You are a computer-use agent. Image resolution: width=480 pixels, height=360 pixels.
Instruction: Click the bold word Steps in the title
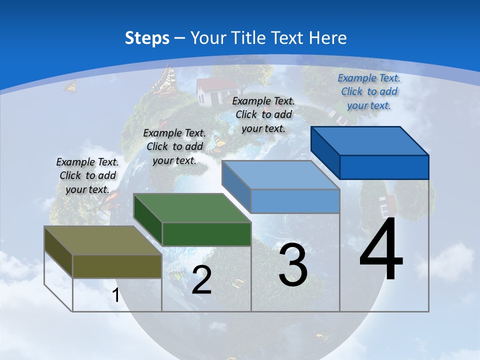[x=147, y=38]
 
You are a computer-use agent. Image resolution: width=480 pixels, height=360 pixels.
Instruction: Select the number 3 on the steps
[x=293, y=265]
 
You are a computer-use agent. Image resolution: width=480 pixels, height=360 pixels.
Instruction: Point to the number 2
[x=201, y=280]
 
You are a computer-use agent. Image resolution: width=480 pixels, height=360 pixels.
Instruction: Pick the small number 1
[x=115, y=295]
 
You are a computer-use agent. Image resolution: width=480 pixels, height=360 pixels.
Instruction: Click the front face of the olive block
[x=117, y=266]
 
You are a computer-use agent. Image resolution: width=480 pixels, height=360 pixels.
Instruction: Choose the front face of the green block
[x=206, y=234]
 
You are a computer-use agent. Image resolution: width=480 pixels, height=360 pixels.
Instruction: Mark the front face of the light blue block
[x=295, y=201]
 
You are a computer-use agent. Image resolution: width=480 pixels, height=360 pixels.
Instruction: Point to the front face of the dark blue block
[x=384, y=167]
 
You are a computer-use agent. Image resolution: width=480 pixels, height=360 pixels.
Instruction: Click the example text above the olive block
[x=87, y=175]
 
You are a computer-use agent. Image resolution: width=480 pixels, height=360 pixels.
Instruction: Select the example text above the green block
[x=174, y=146]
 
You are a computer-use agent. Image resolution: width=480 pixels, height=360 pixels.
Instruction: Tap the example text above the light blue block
[x=263, y=114]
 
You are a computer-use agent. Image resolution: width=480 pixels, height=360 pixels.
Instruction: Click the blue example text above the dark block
[x=369, y=91]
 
